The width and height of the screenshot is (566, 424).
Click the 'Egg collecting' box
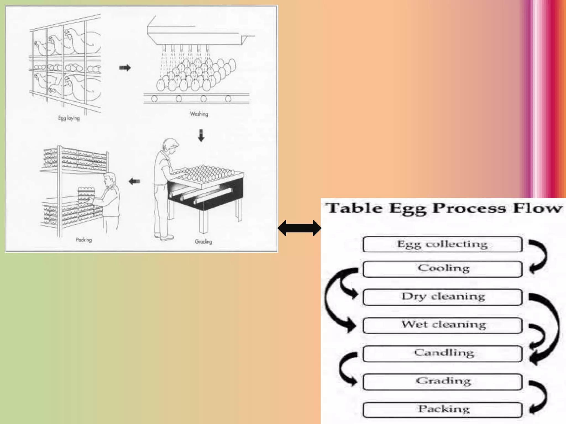[442, 244]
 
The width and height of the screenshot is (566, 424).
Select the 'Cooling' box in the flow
[442, 269]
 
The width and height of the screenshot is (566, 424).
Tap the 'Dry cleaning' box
[442, 297]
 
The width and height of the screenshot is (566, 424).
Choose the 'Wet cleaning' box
[442, 325]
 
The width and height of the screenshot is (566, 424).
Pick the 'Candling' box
[442, 353]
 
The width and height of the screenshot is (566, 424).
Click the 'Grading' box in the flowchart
[442, 381]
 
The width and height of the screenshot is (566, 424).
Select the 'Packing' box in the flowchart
[442, 410]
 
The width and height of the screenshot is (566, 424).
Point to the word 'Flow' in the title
[538, 208]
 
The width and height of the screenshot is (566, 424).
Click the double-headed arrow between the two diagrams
[299, 228]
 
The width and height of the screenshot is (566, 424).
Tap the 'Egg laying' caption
[69, 118]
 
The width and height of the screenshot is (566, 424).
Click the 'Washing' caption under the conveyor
[199, 114]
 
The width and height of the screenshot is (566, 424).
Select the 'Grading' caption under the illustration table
[203, 242]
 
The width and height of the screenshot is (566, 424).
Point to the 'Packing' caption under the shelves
[84, 240]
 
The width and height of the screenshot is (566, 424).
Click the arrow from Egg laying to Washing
[125, 68]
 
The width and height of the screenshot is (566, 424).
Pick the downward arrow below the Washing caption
[201, 135]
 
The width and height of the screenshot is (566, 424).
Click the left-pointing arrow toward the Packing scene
[135, 181]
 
